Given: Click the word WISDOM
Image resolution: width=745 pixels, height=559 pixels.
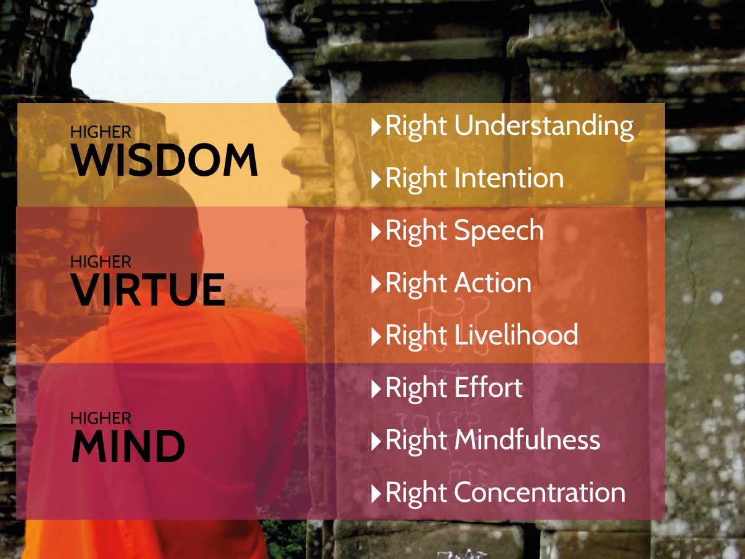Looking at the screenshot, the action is pos(165,160).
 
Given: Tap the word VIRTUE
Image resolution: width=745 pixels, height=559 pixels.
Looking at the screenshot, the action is pos(148,289).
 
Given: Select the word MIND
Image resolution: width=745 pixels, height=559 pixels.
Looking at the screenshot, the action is pos(129,445).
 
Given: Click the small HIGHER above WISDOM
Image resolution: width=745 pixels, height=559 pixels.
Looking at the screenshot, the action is pos(101,132).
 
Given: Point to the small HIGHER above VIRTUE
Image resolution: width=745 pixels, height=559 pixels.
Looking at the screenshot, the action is pos(101,261).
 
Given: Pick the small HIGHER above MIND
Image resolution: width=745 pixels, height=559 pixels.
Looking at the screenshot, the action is pos(101,418).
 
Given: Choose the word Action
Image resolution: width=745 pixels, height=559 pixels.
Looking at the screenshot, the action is pos(493,283).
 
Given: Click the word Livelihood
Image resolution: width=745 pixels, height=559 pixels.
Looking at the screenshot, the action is pos(517,335).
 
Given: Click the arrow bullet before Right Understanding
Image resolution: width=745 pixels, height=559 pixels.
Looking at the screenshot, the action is pos(376,127).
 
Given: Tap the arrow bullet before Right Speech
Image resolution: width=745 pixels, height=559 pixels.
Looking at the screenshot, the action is pos(376,232).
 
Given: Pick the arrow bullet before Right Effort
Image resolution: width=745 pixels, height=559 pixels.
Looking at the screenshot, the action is pos(376,389).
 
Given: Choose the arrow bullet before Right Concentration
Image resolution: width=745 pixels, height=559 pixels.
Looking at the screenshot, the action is pos(376,494).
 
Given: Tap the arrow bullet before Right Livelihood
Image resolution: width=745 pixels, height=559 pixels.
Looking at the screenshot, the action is pos(376,337).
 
